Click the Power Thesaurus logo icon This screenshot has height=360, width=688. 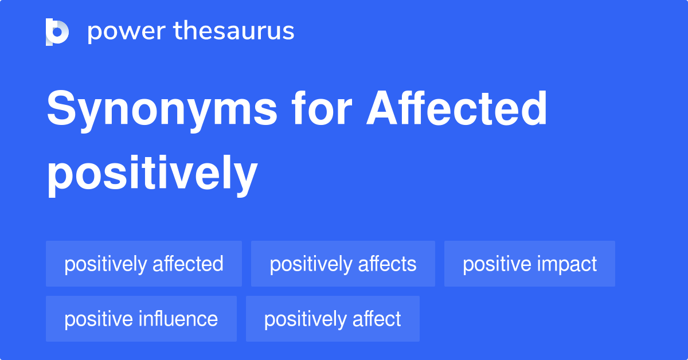pos(57,32)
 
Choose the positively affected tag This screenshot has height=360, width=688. pos(144,264)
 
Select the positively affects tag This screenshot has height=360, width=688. pos(343,264)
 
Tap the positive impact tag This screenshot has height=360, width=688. pos(530,264)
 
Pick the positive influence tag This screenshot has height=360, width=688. pos(141,319)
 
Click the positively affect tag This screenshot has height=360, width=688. pos(333,319)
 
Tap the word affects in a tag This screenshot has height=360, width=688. pos(388,264)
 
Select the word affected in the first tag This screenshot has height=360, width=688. pos(187,264)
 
